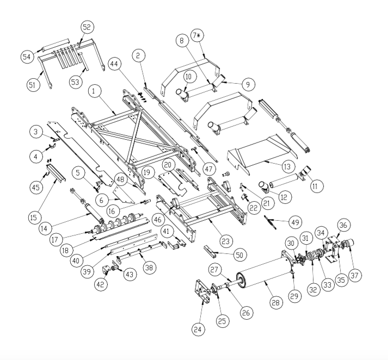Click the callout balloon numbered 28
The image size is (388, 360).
pyautogui.click(x=276, y=302)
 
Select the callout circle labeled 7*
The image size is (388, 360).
pyautogui.click(x=197, y=35)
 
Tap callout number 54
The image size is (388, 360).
pyautogui.click(x=27, y=57)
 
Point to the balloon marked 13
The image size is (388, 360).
pyautogui.click(x=287, y=166)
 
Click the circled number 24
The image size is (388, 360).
pyautogui.click(x=198, y=329)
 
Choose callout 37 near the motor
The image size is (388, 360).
pyautogui.click(x=355, y=275)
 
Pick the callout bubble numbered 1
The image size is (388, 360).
pyautogui.click(x=94, y=91)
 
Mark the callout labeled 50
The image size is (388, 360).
pyautogui.click(x=239, y=255)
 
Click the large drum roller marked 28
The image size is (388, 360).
pyautogui.click(x=263, y=273)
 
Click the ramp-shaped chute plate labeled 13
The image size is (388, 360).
pyautogui.click(x=262, y=154)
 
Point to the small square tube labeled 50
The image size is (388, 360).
pyautogui.click(x=208, y=251)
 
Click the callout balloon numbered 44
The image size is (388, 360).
pyautogui.click(x=114, y=64)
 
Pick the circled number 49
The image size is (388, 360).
pyautogui.click(x=295, y=222)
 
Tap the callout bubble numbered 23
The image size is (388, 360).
pyautogui.click(x=225, y=241)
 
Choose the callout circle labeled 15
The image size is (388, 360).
pyautogui.click(x=33, y=218)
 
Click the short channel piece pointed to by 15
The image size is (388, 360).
pyautogui.click(x=56, y=173)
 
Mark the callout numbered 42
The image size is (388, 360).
pyautogui.click(x=101, y=284)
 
